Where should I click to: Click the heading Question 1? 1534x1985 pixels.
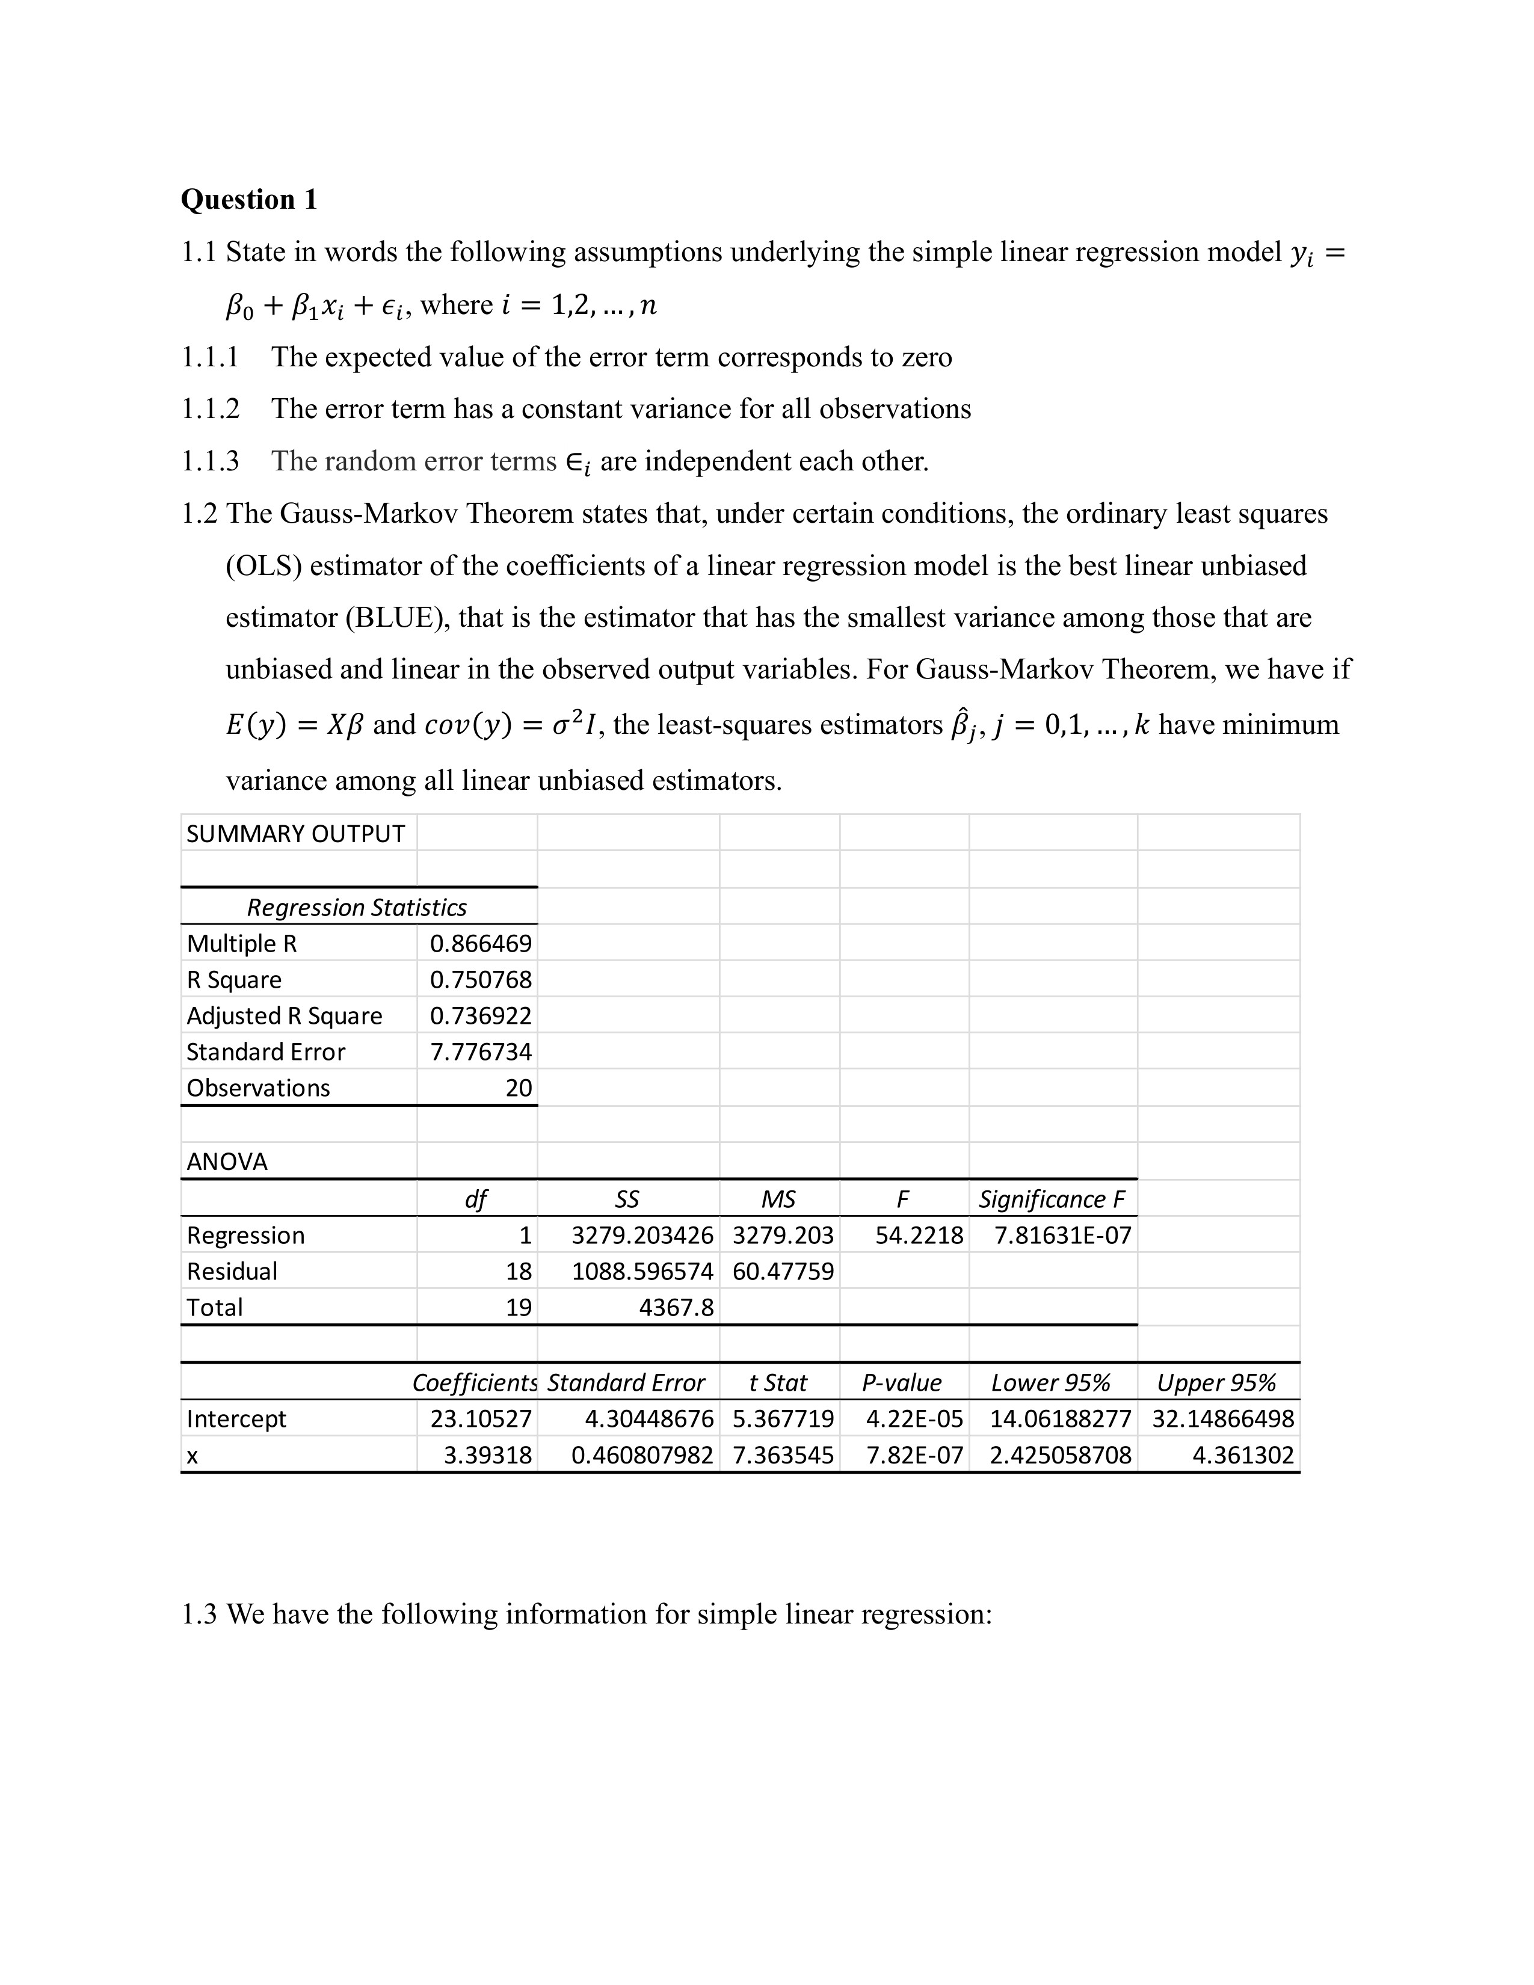(249, 199)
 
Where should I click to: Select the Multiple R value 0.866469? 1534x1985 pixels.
(480, 943)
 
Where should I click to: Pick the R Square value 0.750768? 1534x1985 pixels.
(480, 980)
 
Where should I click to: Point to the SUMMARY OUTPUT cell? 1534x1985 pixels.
(295, 834)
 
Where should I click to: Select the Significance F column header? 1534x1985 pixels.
(1052, 1200)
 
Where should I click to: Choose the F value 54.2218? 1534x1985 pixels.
(919, 1235)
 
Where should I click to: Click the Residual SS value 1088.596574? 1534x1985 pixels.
(642, 1272)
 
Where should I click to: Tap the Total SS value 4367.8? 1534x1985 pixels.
(676, 1308)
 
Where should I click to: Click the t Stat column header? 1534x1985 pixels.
(778, 1382)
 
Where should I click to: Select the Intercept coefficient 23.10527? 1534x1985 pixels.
(481, 1419)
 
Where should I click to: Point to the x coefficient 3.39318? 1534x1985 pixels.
(487, 1455)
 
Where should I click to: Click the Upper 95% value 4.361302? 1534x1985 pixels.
(1242, 1455)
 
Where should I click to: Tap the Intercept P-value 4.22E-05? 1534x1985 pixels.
(914, 1419)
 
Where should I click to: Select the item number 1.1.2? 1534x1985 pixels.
(210, 409)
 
